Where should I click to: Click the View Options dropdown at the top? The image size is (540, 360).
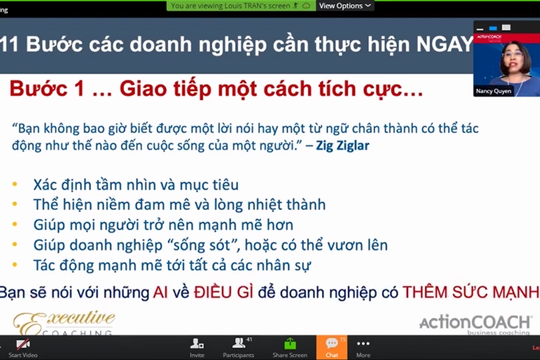tap(341, 6)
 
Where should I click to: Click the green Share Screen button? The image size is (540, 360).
tap(289, 346)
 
